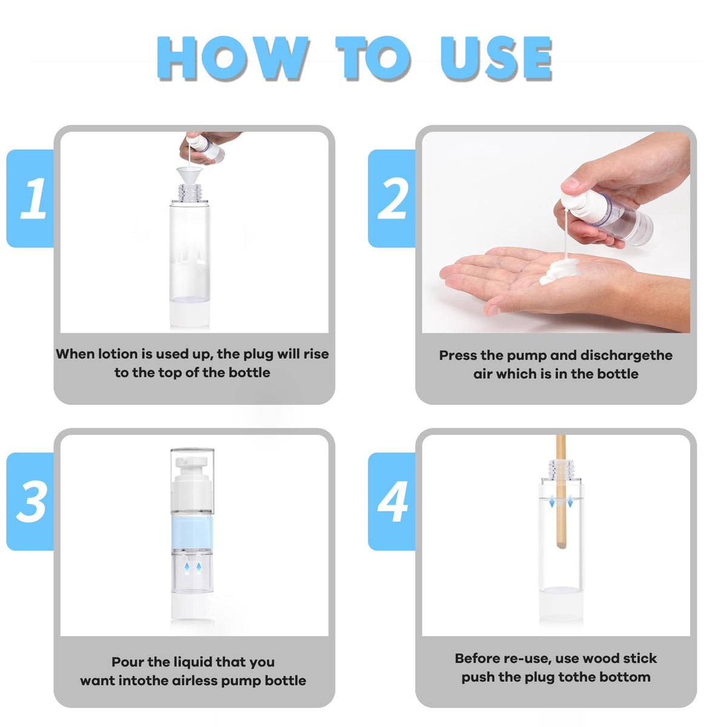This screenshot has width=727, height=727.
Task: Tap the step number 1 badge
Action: (x=30, y=199)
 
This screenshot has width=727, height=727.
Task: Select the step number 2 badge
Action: (x=391, y=199)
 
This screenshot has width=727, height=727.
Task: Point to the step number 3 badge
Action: (x=30, y=502)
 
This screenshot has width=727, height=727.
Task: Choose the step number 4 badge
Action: (x=391, y=502)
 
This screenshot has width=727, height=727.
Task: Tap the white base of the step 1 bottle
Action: (x=190, y=313)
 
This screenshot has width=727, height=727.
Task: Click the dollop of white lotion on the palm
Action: (x=559, y=270)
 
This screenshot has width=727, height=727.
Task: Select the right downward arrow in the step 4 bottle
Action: (x=569, y=501)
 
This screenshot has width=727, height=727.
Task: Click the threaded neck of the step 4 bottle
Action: (x=561, y=469)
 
